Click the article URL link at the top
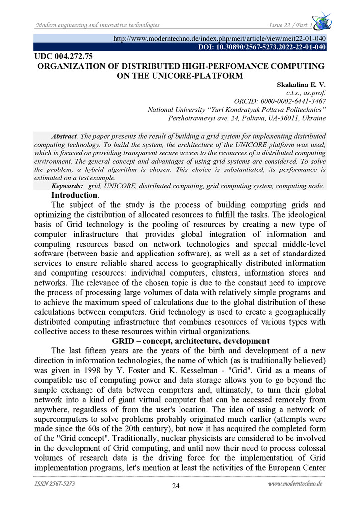220,38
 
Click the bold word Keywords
67,185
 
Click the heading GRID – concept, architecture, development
190,341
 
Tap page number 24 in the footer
176,486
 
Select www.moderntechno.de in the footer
294,483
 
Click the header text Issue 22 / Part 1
287,25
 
